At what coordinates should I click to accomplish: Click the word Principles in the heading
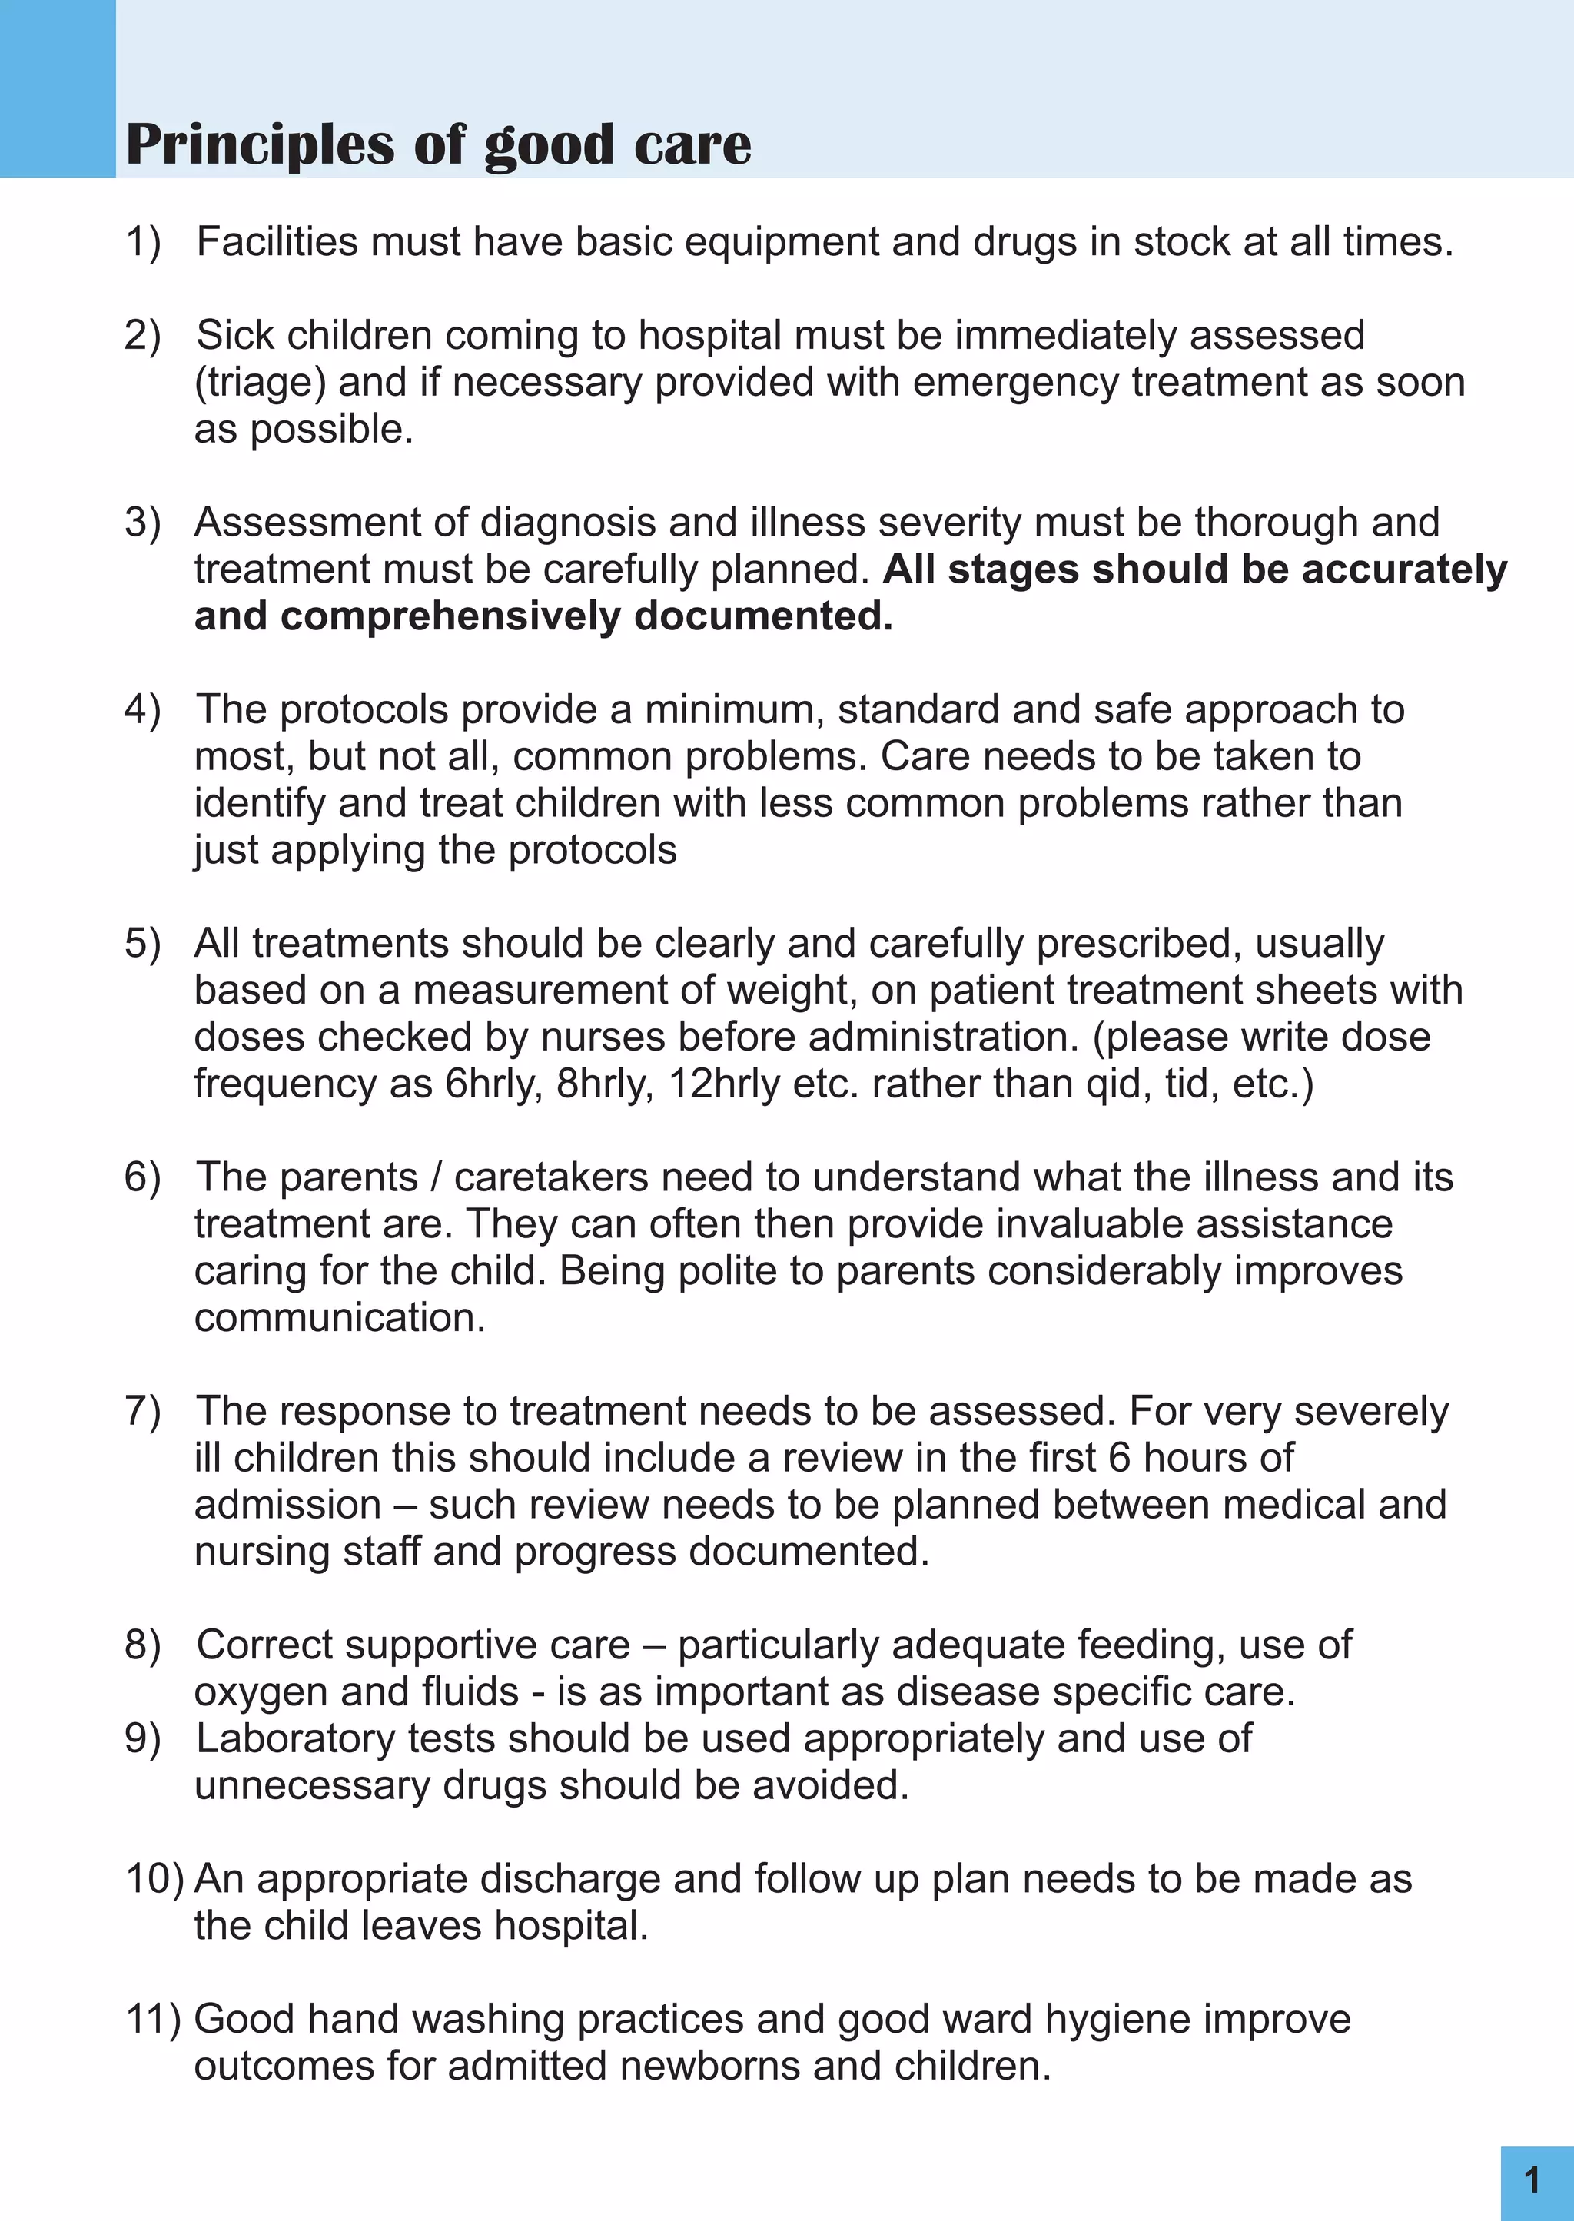pyautogui.click(x=261, y=146)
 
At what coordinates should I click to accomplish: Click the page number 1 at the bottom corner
pyautogui.click(x=1532, y=2180)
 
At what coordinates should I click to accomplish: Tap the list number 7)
pyautogui.click(x=142, y=1412)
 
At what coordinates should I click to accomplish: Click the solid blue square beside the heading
pyautogui.click(x=57, y=88)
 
